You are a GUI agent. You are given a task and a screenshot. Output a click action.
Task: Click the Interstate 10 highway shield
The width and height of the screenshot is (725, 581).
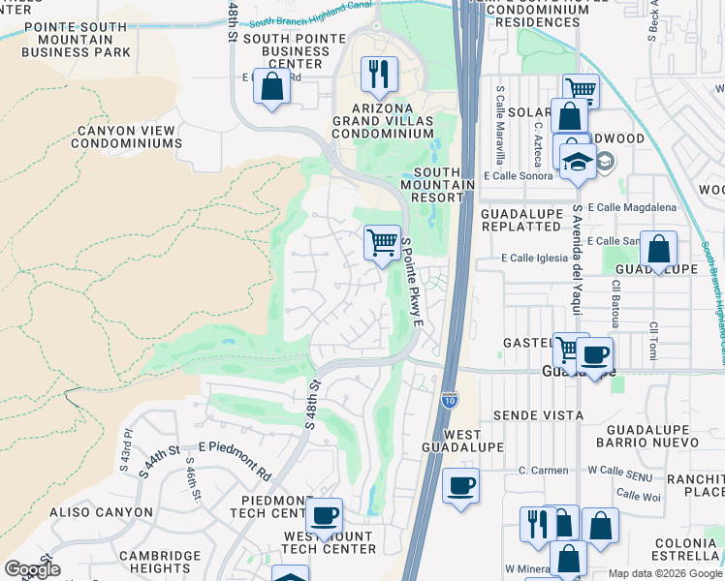450,398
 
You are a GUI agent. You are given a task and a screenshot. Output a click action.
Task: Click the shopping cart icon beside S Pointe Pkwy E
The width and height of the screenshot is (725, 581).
383,241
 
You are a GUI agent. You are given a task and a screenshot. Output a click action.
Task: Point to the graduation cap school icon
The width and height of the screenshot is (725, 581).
578,162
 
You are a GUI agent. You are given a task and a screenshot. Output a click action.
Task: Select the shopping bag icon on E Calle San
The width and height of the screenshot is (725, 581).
659,249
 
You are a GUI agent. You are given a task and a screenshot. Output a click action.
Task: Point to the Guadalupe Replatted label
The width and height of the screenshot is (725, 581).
520,219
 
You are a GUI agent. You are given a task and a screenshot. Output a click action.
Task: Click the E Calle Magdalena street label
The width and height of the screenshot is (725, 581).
632,207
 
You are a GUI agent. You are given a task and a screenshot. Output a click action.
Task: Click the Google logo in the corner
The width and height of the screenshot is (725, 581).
32,568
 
